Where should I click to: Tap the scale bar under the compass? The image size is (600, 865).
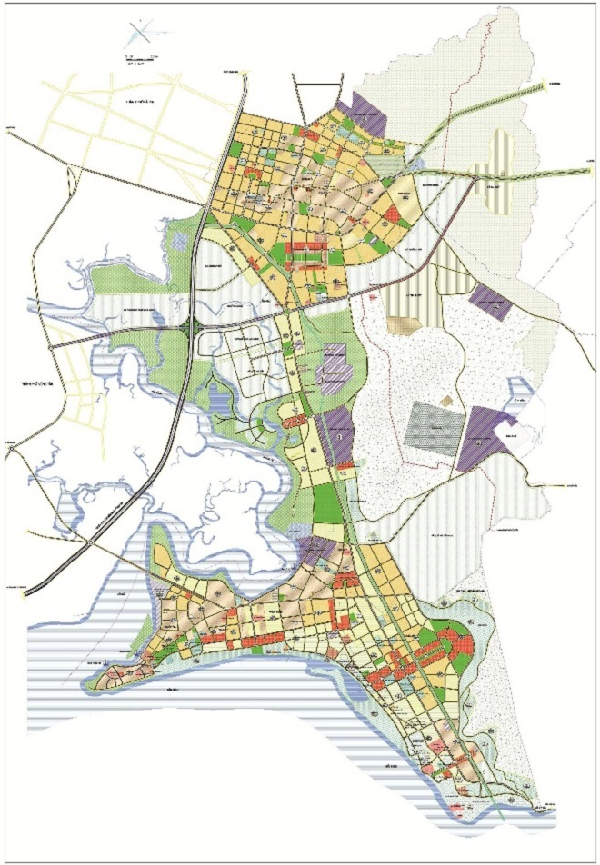tap(138, 60)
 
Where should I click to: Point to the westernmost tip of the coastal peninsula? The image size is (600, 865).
tap(103, 674)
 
